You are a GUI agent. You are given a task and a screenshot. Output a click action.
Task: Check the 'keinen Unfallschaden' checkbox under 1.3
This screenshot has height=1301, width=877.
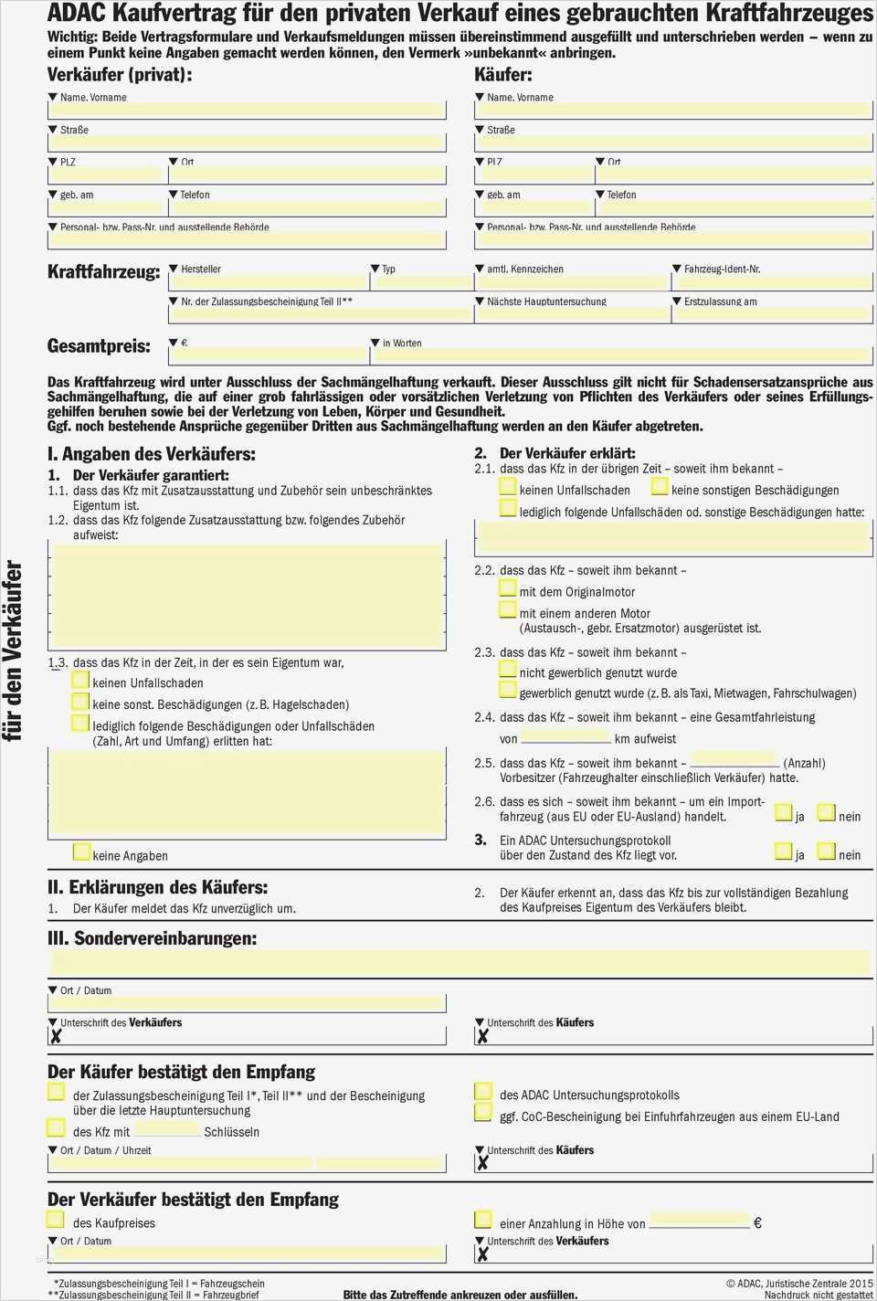click(x=80, y=681)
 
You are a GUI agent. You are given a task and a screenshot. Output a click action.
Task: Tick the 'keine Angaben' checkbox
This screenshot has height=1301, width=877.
click(x=81, y=852)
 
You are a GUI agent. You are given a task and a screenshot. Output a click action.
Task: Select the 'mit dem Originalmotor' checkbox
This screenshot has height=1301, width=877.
click(x=508, y=589)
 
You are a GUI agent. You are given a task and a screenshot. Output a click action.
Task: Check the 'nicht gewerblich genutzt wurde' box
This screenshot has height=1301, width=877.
click(x=508, y=670)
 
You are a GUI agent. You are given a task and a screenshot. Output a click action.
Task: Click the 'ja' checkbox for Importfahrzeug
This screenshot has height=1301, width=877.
click(x=783, y=812)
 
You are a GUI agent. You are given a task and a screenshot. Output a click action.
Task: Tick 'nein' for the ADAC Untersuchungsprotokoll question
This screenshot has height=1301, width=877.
click(x=826, y=851)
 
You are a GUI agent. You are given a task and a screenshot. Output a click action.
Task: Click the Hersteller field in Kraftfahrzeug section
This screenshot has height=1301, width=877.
click(x=268, y=284)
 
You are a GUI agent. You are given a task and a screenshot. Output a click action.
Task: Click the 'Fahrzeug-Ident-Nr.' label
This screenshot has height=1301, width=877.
click(x=722, y=270)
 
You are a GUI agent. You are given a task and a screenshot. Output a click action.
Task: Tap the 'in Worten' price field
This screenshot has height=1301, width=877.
click(x=621, y=355)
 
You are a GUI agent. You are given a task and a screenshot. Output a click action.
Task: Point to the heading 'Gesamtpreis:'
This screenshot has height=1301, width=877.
click(x=99, y=346)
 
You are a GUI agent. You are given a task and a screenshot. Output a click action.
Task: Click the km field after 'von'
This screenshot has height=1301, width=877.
click(x=565, y=736)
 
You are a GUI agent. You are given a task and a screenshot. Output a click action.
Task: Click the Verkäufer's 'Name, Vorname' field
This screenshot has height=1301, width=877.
click(x=247, y=111)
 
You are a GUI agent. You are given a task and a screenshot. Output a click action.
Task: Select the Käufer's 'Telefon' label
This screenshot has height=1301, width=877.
click(x=621, y=195)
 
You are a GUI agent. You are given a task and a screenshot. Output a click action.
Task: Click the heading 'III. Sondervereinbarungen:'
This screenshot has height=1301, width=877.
click(x=152, y=938)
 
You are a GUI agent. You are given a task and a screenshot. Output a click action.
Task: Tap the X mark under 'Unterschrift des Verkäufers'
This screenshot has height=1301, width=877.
click(x=56, y=1036)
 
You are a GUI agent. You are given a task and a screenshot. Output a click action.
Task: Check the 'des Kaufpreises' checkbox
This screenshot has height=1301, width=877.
click(x=56, y=1220)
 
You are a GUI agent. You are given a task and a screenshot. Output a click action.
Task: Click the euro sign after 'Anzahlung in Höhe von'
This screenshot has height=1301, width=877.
click(x=756, y=1222)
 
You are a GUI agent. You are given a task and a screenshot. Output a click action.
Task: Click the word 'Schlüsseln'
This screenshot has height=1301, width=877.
click(x=231, y=1132)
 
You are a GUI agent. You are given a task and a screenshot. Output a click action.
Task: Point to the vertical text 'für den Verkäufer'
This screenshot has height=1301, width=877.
click(x=14, y=650)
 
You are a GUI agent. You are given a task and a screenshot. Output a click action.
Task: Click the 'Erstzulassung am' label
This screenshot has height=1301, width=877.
click(x=720, y=301)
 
